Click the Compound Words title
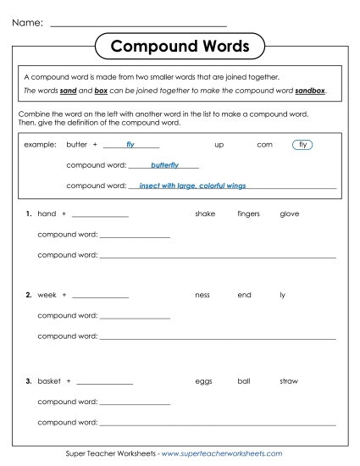coord(180,45)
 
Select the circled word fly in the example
coord(302,145)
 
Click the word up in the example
coord(219,145)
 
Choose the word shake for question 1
coord(205,214)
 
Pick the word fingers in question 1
coord(248,214)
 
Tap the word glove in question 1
coord(289,214)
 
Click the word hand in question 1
coord(47,214)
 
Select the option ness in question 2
coord(202,295)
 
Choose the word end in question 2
coord(244,295)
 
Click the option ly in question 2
coord(283,295)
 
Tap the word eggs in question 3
coord(203,381)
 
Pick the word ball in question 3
coord(244,381)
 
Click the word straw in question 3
coord(288,381)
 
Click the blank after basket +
coord(108,382)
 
